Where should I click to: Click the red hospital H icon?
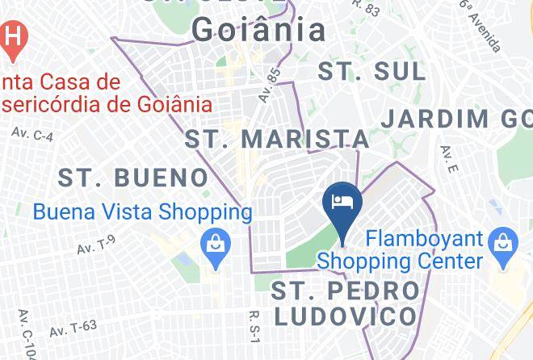13,37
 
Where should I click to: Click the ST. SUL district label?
371,71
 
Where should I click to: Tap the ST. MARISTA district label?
278,138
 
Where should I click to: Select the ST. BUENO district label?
134,177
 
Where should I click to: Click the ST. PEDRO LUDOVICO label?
346,303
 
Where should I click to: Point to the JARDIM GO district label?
456,119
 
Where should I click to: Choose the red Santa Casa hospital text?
105,93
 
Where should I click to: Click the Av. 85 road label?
270,84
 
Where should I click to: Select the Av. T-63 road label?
73,328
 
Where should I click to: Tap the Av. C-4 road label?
32,134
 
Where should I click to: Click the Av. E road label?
449,161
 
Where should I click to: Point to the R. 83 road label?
367,8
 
